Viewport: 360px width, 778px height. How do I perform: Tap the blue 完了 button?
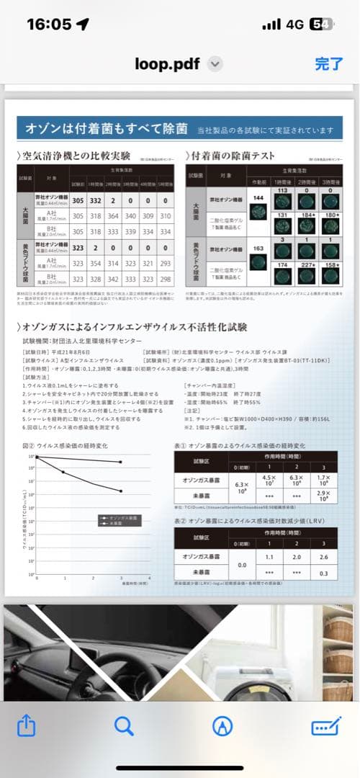pos(329,63)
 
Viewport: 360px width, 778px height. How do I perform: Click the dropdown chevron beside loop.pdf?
pos(215,64)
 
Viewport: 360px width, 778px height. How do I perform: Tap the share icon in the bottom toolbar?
pos(26,726)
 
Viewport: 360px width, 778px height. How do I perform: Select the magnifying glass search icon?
pos(124,726)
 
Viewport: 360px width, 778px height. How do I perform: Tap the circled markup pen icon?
pos(222,726)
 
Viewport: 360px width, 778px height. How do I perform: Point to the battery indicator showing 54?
pos(320,24)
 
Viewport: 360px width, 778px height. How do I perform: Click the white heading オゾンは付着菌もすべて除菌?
pos(107,130)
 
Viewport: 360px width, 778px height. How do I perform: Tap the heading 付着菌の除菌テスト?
pos(234,155)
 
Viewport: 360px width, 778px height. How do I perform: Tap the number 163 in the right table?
pos(258,248)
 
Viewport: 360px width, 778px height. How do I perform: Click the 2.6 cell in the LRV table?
pos(324,536)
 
